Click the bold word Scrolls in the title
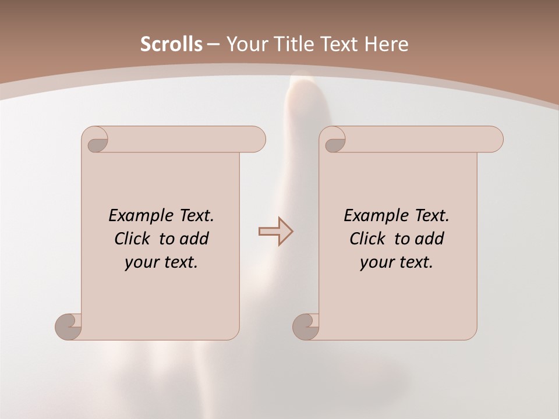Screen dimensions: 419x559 (171, 44)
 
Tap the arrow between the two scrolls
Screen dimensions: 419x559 (275, 231)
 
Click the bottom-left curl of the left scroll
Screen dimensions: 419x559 (68, 326)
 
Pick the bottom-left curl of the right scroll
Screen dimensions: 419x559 (306, 326)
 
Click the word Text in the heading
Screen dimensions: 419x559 (337, 44)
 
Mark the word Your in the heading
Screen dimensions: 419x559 (245, 44)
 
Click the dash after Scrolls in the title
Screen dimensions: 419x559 (213, 45)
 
